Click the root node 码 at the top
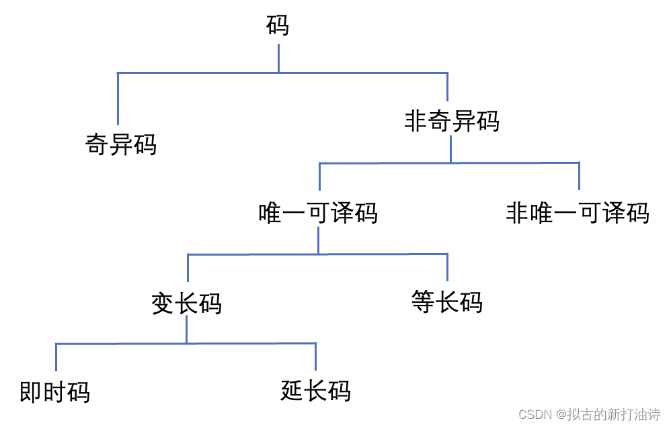(x=278, y=26)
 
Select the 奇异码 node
(x=121, y=144)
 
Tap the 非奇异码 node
(x=452, y=122)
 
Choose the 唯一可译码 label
(x=318, y=213)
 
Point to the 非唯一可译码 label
(x=577, y=213)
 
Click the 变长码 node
(x=186, y=304)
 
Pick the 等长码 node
(x=446, y=302)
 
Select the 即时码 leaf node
(x=54, y=392)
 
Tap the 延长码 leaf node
(x=315, y=391)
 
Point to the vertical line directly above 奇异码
(x=118, y=99)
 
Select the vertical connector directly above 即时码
(x=56, y=357)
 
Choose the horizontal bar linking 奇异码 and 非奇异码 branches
(x=202, y=73)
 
